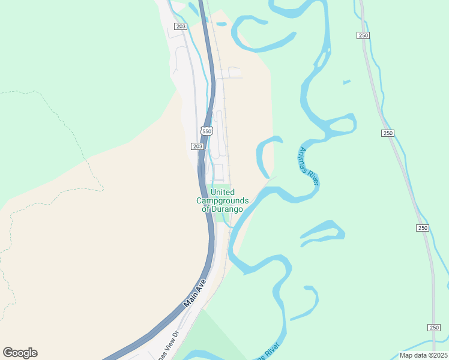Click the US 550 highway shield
(x=206, y=131)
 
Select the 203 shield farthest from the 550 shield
(x=181, y=26)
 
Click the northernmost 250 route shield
(x=363, y=35)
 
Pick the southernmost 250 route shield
(x=434, y=327)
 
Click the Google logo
(x=20, y=353)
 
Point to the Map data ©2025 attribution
(x=423, y=355)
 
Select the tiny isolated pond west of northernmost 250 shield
(x=346, y=82)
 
